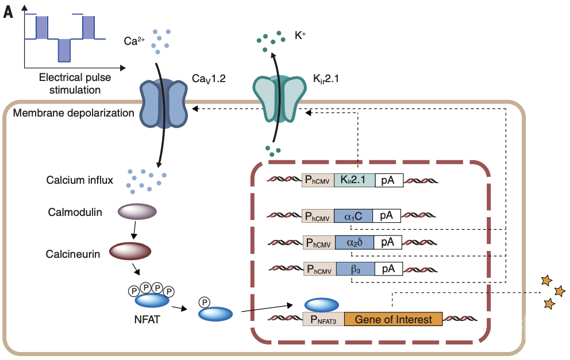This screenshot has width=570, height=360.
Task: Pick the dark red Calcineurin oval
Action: [x=130, y=251]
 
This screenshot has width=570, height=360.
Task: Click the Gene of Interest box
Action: [x=393, y=319]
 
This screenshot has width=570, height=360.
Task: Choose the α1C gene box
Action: [x=353, y=216]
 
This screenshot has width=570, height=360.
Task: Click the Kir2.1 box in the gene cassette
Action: [x=355, y=180]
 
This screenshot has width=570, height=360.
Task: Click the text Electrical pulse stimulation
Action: [x=75, y=83]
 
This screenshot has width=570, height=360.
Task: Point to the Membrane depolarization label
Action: [x=73, y=113]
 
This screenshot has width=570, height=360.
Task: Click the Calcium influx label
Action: [x=80, y=180]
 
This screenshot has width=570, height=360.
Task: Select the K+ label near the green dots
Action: [x=300, y=35]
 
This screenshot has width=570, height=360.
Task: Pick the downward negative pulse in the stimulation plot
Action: [x=64, y=50]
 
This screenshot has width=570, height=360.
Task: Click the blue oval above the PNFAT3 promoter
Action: [x=321, y=304]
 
